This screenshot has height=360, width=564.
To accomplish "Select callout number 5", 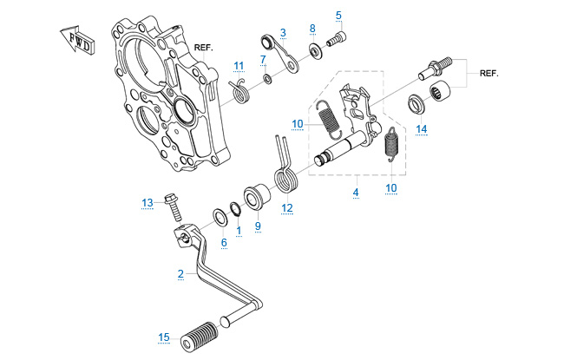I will [338, 15].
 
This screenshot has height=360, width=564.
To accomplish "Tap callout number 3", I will [283, 32].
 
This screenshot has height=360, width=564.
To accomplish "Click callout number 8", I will [312, 29].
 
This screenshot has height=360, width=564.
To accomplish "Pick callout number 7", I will [263, 59].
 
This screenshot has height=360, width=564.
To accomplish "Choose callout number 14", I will [421, 130].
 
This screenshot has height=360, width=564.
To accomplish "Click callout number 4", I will [356, 190].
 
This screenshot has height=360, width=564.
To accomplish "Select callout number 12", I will [287, 208].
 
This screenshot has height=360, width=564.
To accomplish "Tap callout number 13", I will [148, 203].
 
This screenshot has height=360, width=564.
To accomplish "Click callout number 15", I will [164, 337].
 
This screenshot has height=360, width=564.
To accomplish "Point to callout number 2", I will [180, 274].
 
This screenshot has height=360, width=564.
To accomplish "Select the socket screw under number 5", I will [337, 38].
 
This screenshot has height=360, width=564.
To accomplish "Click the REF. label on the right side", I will [490, 75].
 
